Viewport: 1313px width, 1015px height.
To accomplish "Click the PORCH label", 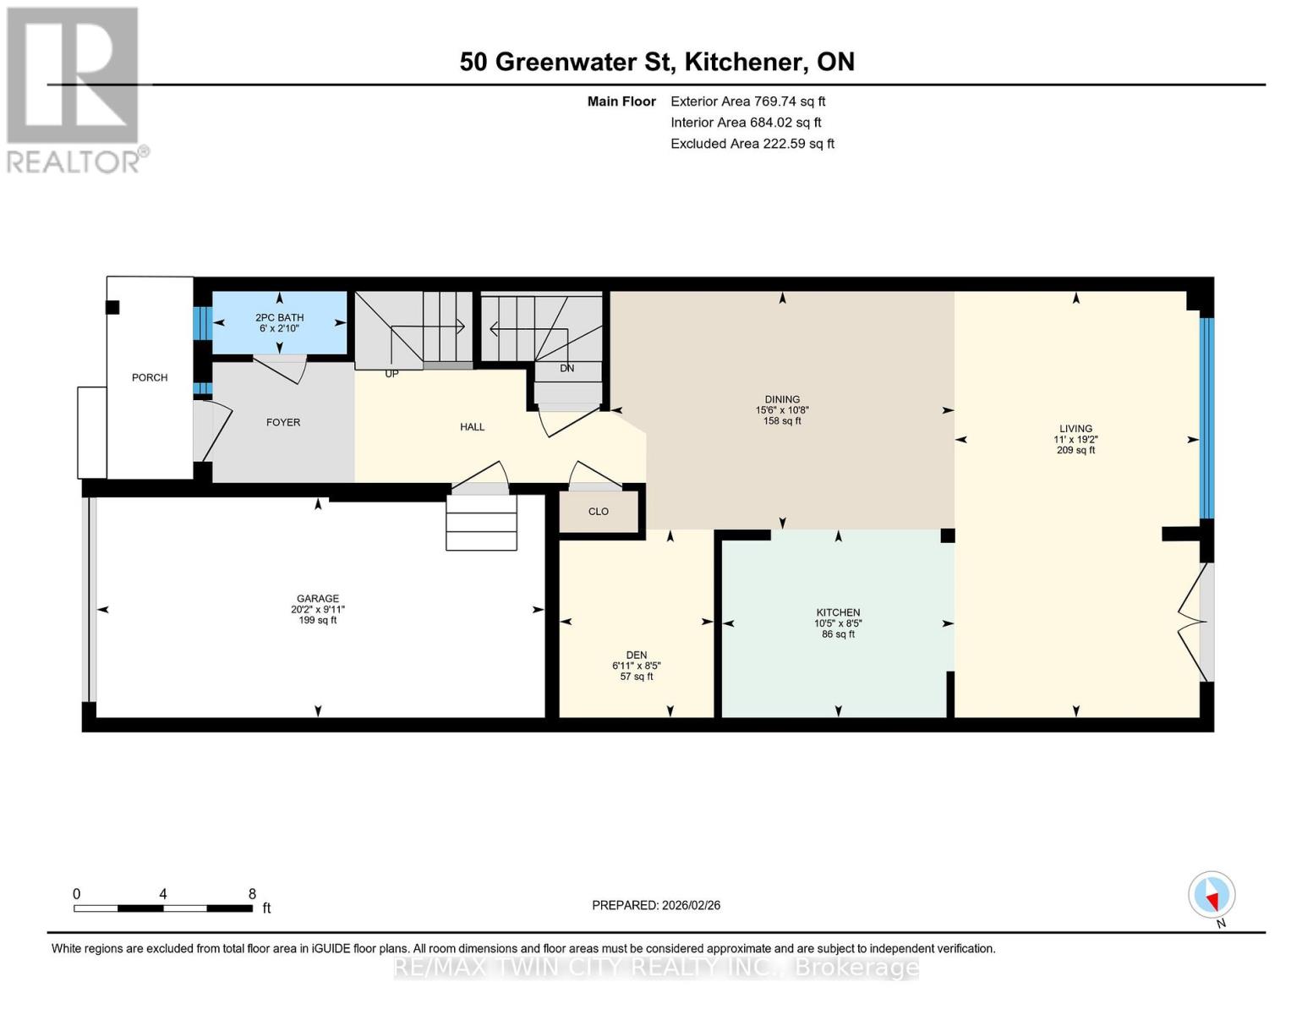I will point(150,377).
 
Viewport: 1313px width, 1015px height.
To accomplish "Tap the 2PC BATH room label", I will point(279,317).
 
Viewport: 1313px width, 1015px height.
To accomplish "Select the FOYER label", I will point(283,422).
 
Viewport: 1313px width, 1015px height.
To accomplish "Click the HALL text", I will point(472,426).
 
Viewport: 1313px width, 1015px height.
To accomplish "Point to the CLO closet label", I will point(598,511).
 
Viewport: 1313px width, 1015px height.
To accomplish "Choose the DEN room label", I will point(636,655).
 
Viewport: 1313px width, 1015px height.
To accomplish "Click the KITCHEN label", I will point(838,612).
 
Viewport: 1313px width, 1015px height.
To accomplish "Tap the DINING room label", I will point(782,399).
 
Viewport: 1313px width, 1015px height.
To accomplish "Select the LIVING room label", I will point(1075,428).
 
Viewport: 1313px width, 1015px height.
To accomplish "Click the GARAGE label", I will point(317,598).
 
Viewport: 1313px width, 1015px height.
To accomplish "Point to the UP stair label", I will point(391,373).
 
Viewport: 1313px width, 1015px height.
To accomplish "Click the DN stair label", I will point(566,368).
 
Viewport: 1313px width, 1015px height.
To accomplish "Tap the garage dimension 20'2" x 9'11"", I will point(317,609).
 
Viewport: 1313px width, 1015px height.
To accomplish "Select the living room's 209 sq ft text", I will point(1075,450).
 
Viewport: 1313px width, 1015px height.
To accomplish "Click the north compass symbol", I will point(1212,895).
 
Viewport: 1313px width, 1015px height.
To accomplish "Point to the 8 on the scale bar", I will point(252,893).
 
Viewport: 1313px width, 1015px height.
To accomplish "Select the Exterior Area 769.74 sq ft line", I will point(747,101).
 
